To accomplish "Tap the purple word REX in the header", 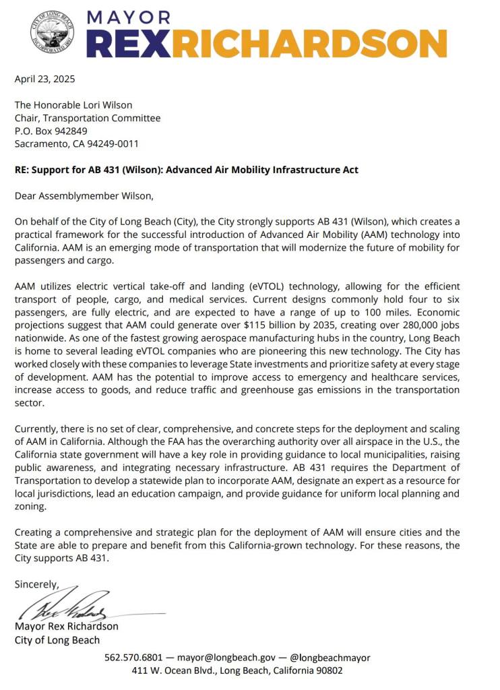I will (x=131, y=44).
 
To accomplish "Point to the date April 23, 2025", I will (x=45, y=79).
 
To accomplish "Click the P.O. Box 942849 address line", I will (x=51, y=131).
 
